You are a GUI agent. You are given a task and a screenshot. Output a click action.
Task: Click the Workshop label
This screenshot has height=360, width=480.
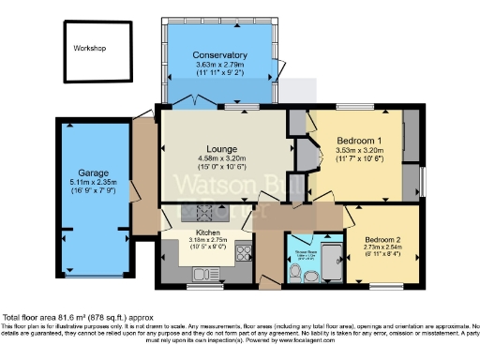[x=91, y=48]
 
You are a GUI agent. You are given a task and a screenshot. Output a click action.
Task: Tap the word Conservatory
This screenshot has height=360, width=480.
[x=219, y=55]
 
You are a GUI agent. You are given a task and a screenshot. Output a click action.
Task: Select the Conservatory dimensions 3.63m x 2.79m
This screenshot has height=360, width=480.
[x=219, y=64]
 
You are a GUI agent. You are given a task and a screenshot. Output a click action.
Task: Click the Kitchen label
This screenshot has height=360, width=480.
[x=207, y=232]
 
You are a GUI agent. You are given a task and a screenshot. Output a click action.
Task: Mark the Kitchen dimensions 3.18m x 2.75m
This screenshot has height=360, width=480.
[x=207, y=240]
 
